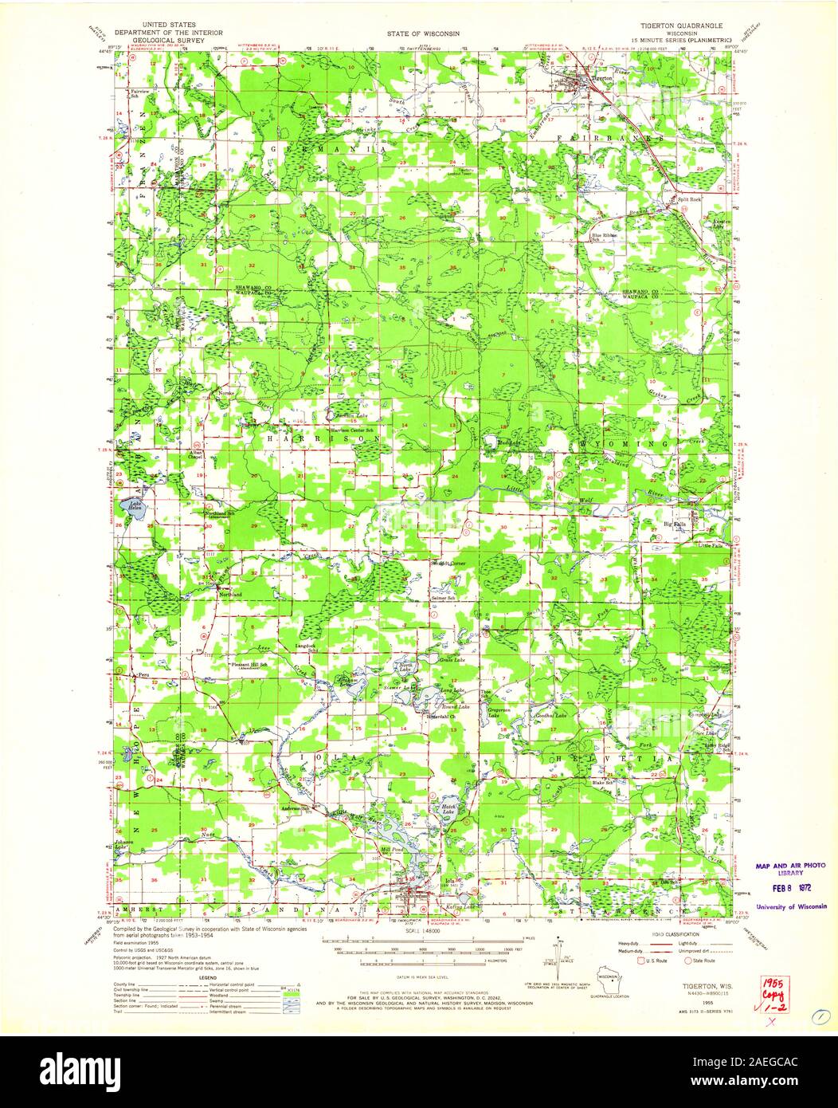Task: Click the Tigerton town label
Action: pos(601,79)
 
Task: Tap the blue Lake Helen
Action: pos(129,511)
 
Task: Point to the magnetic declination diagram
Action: pos(564,970)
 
